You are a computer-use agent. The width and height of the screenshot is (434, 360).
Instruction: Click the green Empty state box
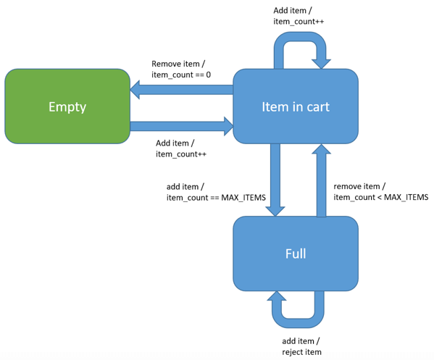pyautogui.click(x=67, y=106)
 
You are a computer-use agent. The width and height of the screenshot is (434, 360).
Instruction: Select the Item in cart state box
pyautogui.click(x=295, y=106)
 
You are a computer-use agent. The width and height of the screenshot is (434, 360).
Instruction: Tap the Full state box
pyautogui.click(x=295, y=254)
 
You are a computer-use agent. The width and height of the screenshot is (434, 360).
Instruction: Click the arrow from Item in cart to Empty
pyautogui.click(x=181, y=88)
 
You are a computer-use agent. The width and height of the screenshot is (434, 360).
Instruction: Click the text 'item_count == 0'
pyautogui.click(x=180, y=75)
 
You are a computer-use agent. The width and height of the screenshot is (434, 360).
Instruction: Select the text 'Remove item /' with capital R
pyautogui.click(x=177, y=63)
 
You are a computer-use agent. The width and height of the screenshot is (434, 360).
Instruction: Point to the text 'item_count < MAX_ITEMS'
pyautogui.click(x=380, y=197)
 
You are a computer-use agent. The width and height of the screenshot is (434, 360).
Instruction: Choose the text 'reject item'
pyautogui.click(x=301, y=352)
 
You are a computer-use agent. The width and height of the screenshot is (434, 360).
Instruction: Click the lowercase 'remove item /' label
pyautogui.click(x=359, y=185)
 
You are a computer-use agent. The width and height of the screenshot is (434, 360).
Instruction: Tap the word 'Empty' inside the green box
pyautogui.click(x=67, y=106)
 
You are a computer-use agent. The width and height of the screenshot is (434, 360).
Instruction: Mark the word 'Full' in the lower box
pyautogui.click(x=295, y=254)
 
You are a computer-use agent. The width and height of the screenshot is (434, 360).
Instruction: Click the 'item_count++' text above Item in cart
pyautogui.click(x=299, y=21)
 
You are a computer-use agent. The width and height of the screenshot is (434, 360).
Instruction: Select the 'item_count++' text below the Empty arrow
pyautogui.click(x=181, y=154)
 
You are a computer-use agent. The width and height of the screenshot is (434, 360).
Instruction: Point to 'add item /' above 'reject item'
pyautogui.click(x=300, y=340)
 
